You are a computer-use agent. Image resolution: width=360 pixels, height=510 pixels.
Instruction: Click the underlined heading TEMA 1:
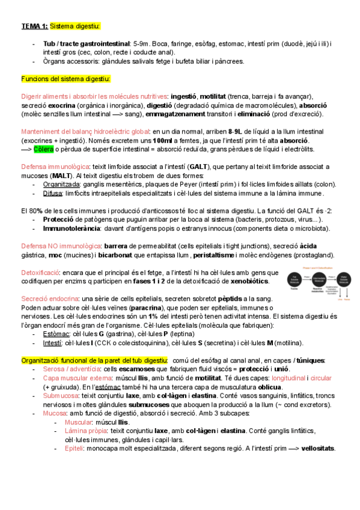(x=35, y=26)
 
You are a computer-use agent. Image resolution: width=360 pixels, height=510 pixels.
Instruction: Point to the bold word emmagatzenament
(x=182, y=114)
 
